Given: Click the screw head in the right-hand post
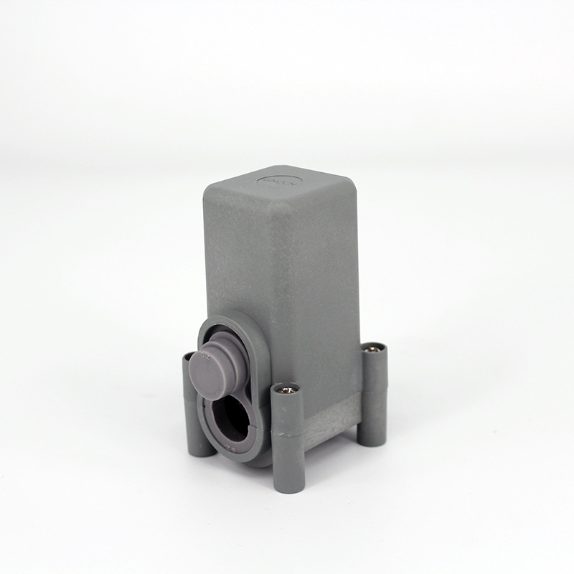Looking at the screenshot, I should [372, 349].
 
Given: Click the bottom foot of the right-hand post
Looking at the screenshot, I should [372, 438].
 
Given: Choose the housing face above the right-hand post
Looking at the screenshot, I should [323, 287].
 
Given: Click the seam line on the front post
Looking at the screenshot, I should [288, 433].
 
